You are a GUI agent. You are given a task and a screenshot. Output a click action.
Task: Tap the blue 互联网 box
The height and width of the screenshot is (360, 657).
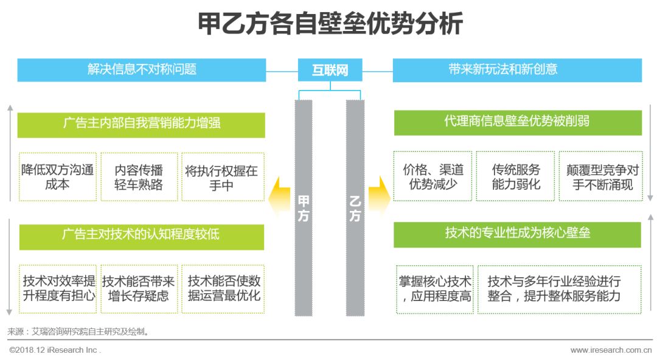point(330,70)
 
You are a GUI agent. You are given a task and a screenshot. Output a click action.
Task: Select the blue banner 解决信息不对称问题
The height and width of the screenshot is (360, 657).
point(142,70)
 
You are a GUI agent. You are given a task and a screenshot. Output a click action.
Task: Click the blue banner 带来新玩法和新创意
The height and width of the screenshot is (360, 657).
point(517,70)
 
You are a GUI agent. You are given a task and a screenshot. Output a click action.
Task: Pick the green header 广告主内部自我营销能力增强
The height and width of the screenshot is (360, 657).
point(141,124)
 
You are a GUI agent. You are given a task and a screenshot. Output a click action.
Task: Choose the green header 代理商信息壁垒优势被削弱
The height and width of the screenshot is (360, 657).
point(518,122)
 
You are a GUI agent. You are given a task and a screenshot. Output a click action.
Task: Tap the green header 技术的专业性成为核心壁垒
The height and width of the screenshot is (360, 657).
point(517,234)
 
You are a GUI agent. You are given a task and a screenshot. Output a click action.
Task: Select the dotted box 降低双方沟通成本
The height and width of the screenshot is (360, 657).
point(58,177)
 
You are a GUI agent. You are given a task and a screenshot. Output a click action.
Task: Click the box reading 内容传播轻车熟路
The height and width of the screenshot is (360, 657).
point(139,177)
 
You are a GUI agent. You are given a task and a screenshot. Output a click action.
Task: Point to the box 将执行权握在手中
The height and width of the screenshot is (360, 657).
point(222,177)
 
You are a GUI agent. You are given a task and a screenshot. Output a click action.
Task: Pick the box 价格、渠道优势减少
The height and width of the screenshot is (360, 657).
point(433,176)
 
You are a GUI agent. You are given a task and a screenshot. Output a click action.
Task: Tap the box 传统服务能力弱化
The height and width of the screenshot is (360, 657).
point(515,176)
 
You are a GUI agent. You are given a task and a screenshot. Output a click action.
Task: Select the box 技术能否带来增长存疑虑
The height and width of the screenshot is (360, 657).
point(139,289)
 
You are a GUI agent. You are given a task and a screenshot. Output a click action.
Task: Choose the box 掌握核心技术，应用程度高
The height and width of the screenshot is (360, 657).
point(434,289)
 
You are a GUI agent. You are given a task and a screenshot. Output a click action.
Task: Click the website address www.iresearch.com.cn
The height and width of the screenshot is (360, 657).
point(611,350)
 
